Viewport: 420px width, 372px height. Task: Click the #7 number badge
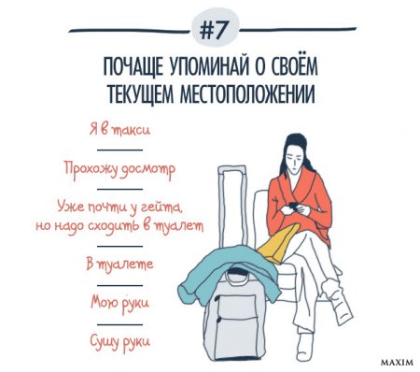click(215, 31)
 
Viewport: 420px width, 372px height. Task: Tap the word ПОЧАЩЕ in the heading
click(133, 66)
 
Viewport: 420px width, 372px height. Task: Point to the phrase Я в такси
click(119, 130)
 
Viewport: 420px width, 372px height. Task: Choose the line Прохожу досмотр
click(119, 170)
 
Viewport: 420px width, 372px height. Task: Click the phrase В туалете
click(119, 265)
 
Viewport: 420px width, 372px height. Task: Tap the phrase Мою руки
click(119, 303)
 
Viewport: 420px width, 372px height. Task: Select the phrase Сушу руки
click(119, 341)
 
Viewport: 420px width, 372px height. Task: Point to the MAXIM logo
click(398, 363)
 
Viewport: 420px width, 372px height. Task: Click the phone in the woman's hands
click(294, 207)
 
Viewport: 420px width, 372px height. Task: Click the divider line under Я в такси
click(119, 150)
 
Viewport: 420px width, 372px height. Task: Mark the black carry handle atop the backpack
click(237, 274)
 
